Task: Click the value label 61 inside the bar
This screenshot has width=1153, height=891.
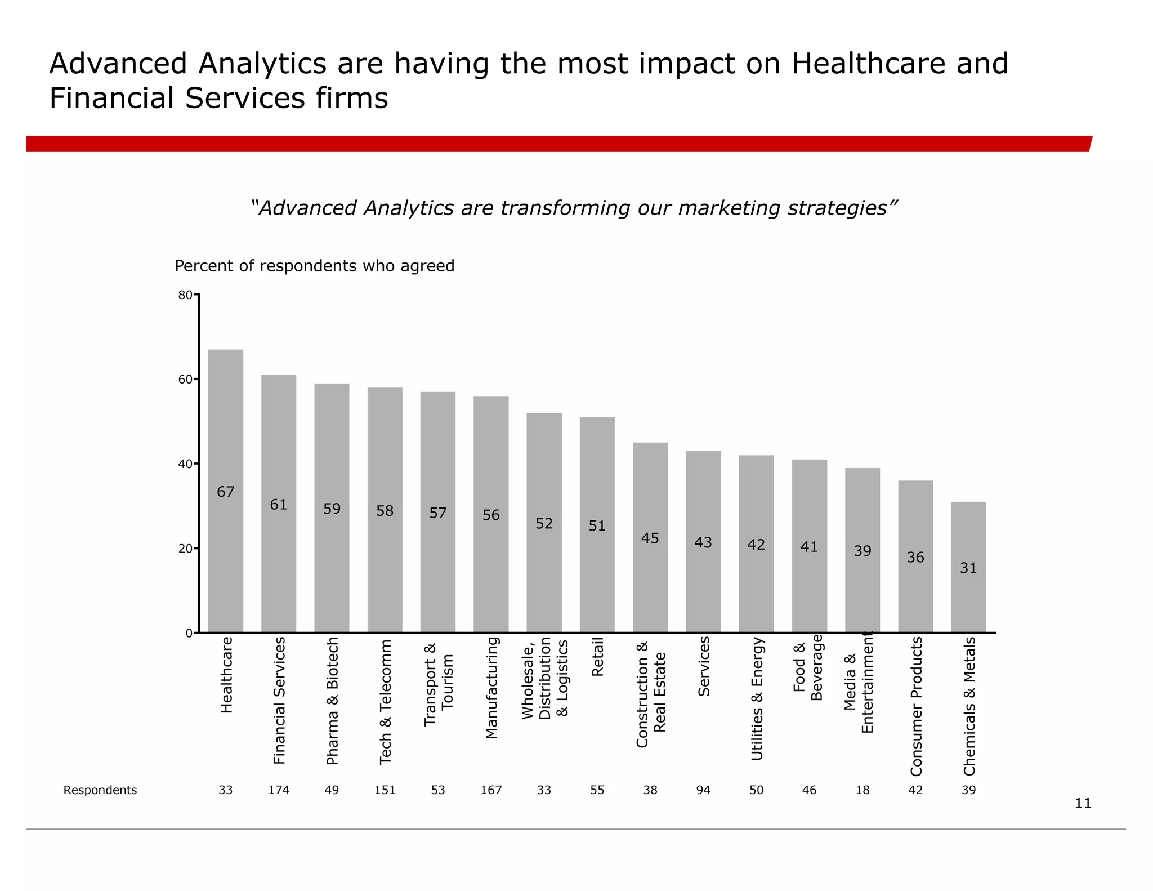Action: (x=279, y=505)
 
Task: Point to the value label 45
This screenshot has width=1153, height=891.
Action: (x=650, y=538)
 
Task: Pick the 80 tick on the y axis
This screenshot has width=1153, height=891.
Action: (x=185, y=295)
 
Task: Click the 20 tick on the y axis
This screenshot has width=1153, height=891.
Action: (x=185, y=549)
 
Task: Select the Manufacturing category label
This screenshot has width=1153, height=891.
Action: (x=491, y=687)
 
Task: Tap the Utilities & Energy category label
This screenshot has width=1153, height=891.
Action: (x=757, y=698)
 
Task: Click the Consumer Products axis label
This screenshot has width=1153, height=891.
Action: (x=916, y=706)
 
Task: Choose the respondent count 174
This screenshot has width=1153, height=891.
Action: (x=279, y=790)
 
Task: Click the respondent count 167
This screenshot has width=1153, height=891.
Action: (x=491, y=790)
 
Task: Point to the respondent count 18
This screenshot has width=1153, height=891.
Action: (x=862, y=790)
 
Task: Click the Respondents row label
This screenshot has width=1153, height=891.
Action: (x=100, y=790)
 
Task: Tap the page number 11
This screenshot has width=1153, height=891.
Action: (x=1083, y=803)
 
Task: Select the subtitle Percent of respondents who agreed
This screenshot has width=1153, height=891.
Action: (x=314, y=266)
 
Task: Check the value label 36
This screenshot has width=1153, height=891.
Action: (x=915, y=558)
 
